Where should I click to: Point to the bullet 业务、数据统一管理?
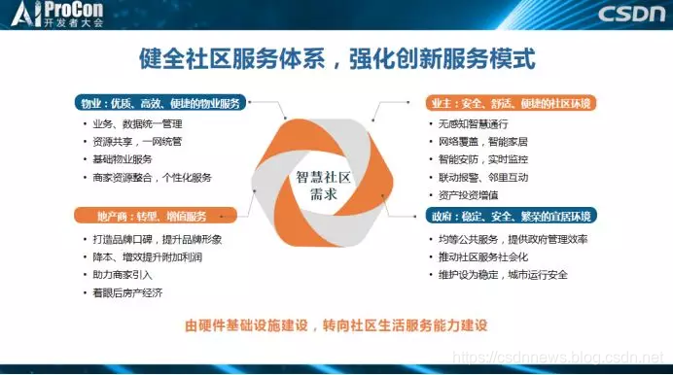click(x=138, y=124)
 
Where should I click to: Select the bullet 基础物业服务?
click(x=123, y=159)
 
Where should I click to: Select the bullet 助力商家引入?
click(x=123, y=275)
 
